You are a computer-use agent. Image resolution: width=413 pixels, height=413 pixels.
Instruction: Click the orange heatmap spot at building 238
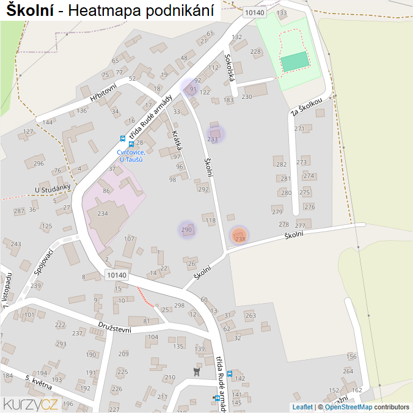click(239, 235)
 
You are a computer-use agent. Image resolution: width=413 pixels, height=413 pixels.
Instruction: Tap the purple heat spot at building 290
click(187, 230)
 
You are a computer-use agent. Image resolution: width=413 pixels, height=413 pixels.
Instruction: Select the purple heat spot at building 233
click(214, 134)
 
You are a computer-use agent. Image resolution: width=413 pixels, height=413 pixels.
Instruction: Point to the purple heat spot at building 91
click(191, 87)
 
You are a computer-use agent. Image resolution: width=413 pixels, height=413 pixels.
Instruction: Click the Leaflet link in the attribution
click(302, 407)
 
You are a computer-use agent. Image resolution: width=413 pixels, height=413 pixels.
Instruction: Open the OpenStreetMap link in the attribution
click(348, 407)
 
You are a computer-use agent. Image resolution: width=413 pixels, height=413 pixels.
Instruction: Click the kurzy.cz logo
click(31, 403)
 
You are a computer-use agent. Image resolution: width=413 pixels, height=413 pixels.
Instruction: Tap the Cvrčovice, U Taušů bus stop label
click(131, 155)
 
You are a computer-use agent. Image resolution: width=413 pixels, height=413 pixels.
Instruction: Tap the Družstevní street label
click(114, 327)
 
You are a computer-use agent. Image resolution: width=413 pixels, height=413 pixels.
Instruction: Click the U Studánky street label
click(53, 189)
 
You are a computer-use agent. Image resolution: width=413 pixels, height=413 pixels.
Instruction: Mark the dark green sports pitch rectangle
click(295, 61)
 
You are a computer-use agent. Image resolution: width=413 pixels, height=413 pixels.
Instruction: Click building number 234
click(102, 213)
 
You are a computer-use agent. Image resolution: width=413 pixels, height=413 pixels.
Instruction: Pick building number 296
click(38, 163)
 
